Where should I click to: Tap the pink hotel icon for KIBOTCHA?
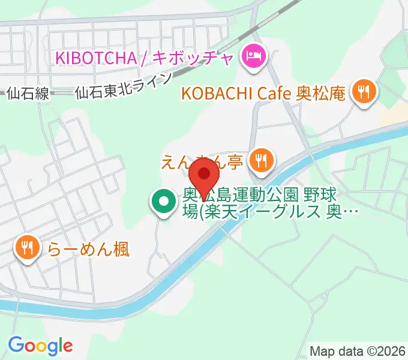click(252, 58)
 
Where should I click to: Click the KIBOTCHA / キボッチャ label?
click(145, 58)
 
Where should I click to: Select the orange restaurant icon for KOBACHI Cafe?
click(364, 92)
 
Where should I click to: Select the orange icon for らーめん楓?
click(27, 248)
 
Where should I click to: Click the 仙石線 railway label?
click(27, 93)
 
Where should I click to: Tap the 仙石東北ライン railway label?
click(123, 87)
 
